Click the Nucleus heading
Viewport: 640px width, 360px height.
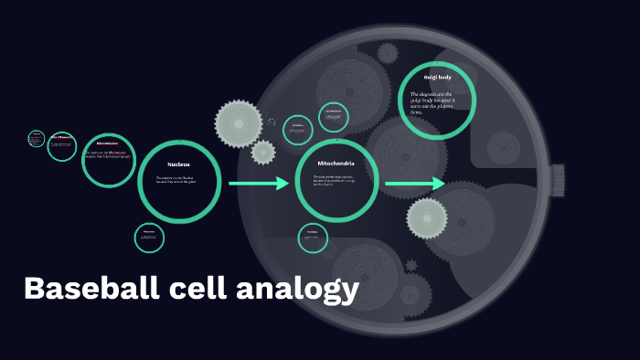(178, 164)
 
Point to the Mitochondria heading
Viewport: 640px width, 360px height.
(336, 164)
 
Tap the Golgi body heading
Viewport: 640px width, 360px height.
(437, 77)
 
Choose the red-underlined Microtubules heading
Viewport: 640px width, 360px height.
(108, 143)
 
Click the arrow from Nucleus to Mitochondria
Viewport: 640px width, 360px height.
(258, 184)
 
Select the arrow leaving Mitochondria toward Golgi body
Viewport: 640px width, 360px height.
(414, 185)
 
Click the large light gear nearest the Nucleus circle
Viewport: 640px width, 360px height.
(238, 122)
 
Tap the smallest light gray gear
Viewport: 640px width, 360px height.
(263, 152)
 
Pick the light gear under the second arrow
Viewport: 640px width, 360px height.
(427, 217)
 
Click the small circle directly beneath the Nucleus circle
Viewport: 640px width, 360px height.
(149, 238)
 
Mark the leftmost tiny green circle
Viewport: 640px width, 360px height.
(37, 138)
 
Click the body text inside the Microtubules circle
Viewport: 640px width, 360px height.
(108, 154)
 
